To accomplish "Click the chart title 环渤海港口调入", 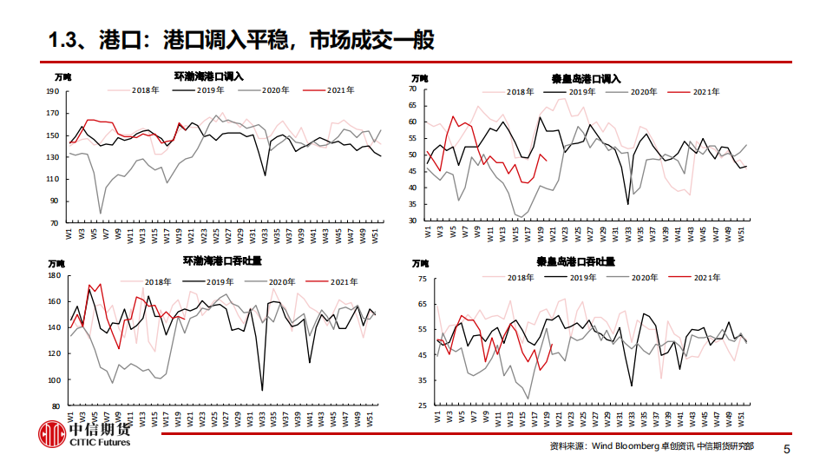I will [209, 77].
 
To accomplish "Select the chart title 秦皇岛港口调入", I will [587, 77].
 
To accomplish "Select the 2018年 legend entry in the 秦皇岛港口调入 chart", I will [519, 91].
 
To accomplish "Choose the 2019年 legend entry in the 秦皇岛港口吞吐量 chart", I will [581, 277].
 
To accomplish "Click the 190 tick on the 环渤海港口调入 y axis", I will [52, 91].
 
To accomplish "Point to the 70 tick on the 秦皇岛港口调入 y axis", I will [413, 89].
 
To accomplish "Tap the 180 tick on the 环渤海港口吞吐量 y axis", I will [52, 275].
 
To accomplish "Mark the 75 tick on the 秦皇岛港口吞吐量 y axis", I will [422, 278].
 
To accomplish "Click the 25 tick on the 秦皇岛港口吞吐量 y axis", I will [422, 405].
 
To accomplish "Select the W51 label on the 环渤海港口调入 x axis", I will [374, 235].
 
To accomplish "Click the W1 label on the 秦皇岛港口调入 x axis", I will [428, 233].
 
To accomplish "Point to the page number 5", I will [787, 449].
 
